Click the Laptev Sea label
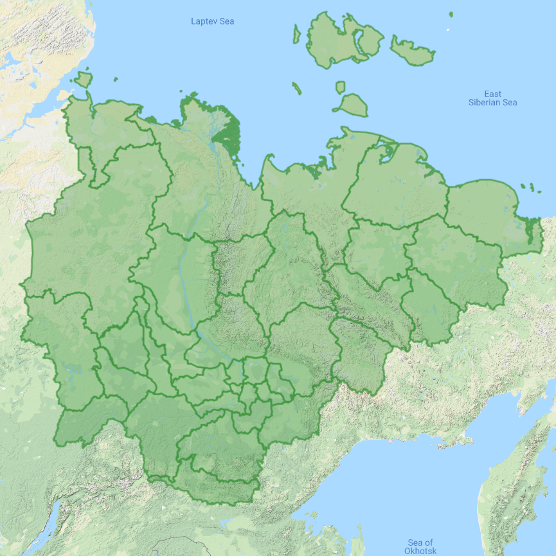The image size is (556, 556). tap(212, 21)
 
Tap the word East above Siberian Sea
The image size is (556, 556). tap(493, 94)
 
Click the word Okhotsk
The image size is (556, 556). tap(420, 552)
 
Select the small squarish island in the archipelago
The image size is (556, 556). tap(340, 87)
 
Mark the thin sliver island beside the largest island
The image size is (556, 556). tap(296, 33)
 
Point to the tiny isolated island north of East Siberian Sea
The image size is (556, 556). tap(451, 14)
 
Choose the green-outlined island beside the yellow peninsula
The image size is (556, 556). tap(83, 80)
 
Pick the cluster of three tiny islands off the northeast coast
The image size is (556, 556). tap(530, 187)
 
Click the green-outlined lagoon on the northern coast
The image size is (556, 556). tap(387, 154)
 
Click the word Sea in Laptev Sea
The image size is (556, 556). tap(226, 21)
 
